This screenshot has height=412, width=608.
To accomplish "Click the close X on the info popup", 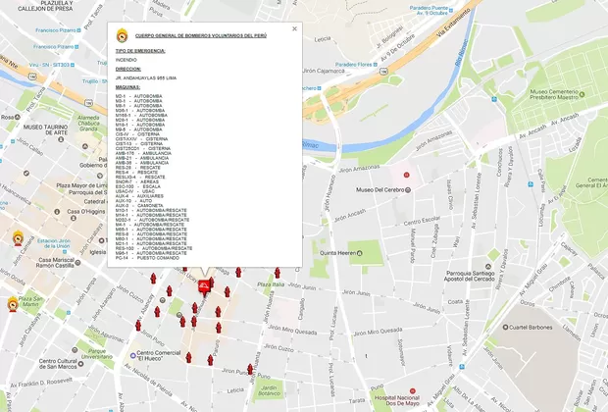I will (x=294, y=28).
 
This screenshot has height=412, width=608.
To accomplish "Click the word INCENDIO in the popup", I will (x=127, y=60).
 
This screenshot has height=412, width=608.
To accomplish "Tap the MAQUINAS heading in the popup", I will (x=127, y=87).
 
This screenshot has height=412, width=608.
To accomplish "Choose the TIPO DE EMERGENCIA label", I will (x=139, y=50).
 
